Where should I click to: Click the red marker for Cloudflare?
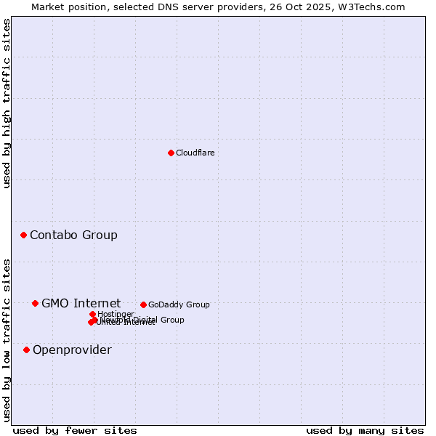171,153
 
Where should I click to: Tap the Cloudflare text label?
195,153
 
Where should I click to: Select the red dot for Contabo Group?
24,235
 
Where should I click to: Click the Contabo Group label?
73,235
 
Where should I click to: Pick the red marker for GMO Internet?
35,303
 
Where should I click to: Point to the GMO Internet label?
81,303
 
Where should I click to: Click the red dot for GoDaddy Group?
143,304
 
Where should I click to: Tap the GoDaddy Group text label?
179,304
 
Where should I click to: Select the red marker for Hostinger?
92,314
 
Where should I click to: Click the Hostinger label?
116,314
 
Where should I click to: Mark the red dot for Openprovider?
27,350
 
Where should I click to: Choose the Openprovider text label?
72,350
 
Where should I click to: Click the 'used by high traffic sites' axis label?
7,103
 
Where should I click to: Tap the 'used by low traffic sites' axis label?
7,340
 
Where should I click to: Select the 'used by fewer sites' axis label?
75,430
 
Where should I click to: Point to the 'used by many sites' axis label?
365,430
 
